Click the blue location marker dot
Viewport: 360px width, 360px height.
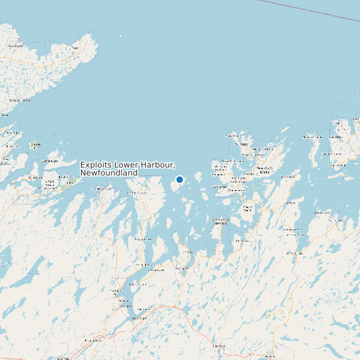click(179, 179)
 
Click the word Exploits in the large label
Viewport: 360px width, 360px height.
click(97, 165)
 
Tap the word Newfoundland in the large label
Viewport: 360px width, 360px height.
click(108, 173)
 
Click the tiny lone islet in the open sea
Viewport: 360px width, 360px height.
click(120, 36)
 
